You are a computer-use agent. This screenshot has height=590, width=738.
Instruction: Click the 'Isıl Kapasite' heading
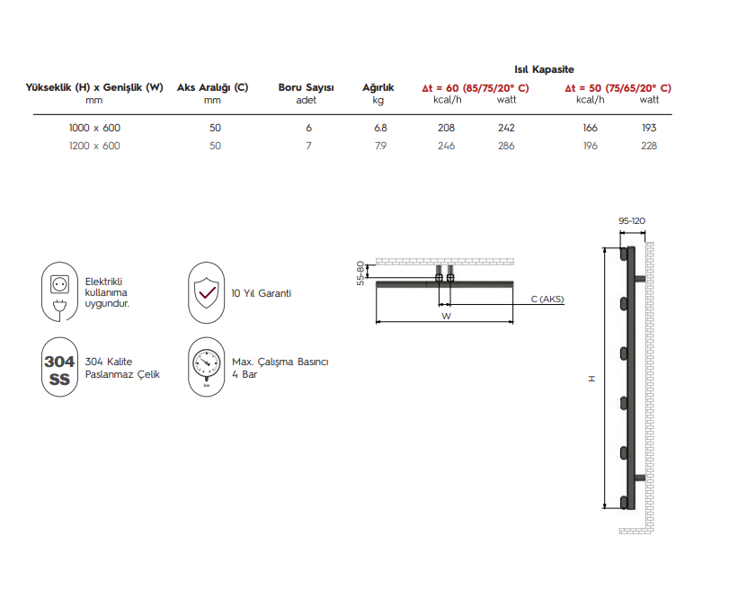coord(543,69)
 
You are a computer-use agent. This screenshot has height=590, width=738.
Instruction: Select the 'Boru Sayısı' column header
coord(306,88)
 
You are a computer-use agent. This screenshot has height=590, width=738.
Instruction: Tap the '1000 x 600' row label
coord(94,128)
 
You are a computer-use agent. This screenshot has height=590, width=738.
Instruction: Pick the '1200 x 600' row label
coord(94,146)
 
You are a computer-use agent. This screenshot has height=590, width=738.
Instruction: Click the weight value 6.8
coord(380,128)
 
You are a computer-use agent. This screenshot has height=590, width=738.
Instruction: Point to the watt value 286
coord(506,146)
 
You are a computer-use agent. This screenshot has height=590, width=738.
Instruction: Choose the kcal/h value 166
coord(590,128)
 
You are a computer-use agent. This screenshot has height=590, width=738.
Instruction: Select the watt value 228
coord(649,146)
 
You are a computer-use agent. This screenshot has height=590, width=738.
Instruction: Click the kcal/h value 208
coord(446,128)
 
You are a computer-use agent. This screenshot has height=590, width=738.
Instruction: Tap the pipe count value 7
coord(308,146)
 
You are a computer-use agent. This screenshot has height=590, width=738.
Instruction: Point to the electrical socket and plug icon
coord(61,292)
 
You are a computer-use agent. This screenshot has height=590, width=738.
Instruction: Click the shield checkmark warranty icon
coord(206,292)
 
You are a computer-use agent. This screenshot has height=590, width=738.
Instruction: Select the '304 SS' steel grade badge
coord(60,369)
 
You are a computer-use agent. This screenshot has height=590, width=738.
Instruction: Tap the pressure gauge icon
coord(206,368)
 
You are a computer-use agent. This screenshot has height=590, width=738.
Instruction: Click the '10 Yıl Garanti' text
coord(261,293)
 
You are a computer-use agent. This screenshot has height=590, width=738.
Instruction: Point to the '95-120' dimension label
coord(632,220)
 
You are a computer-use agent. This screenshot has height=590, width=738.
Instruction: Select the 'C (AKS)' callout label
coord(547,299)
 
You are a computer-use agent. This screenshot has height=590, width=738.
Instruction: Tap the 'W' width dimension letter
coord(445,317)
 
